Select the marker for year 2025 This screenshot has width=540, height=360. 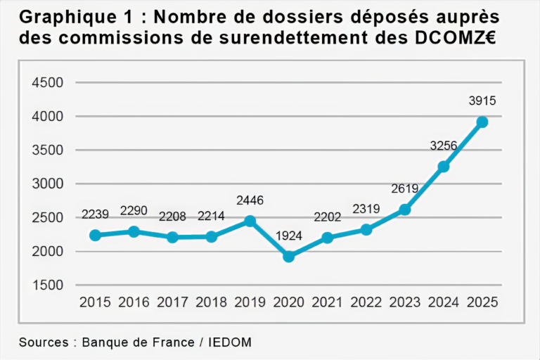[x=482, y=122]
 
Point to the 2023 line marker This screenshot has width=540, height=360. [x=404, y=210]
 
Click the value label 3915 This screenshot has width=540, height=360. [x=482, y=101]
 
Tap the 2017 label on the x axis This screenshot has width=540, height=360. [x=173, y=303]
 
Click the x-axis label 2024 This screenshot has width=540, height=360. [x=443, y=303]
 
